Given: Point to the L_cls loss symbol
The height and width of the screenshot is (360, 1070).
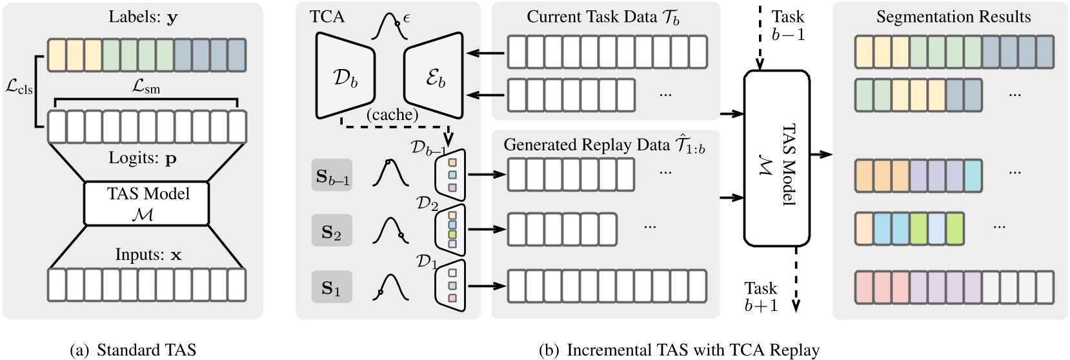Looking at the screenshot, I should pos(19,90).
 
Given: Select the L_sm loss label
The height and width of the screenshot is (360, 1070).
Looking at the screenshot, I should pos(146,89).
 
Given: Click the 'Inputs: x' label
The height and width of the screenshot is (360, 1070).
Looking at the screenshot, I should pos(148,254).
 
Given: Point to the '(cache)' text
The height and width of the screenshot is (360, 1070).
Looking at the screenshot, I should pos(392,114).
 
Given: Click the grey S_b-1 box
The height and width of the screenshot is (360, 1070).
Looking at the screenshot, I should pos(332,175).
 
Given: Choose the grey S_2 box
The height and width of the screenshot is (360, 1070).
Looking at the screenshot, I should pos(332,230).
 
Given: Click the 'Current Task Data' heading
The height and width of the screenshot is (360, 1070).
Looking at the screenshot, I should pos(603,17).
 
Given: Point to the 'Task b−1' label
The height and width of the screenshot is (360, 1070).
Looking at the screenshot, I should pos(788,26).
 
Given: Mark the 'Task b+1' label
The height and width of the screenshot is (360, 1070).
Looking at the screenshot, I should pos(761,297).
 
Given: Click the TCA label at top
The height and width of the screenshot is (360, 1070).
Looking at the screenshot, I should pos(328,16).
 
